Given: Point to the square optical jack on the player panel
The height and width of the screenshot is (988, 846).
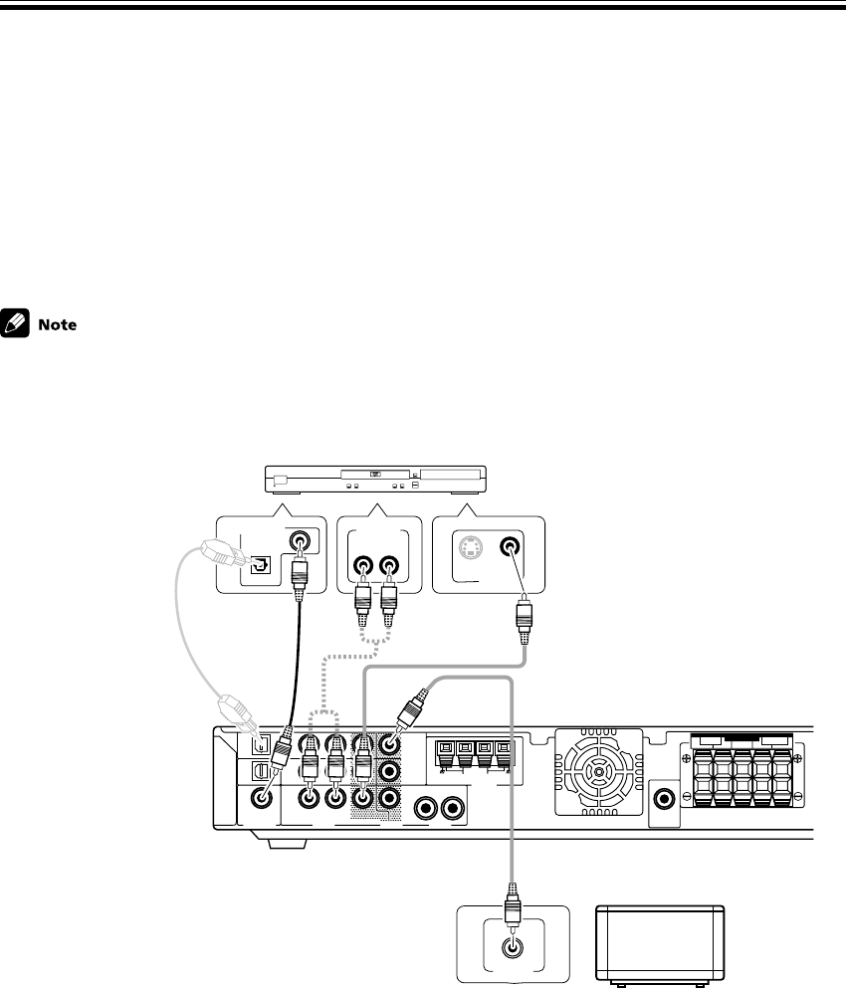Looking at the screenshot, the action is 258,564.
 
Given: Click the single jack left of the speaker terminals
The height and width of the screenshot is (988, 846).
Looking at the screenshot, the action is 663,799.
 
